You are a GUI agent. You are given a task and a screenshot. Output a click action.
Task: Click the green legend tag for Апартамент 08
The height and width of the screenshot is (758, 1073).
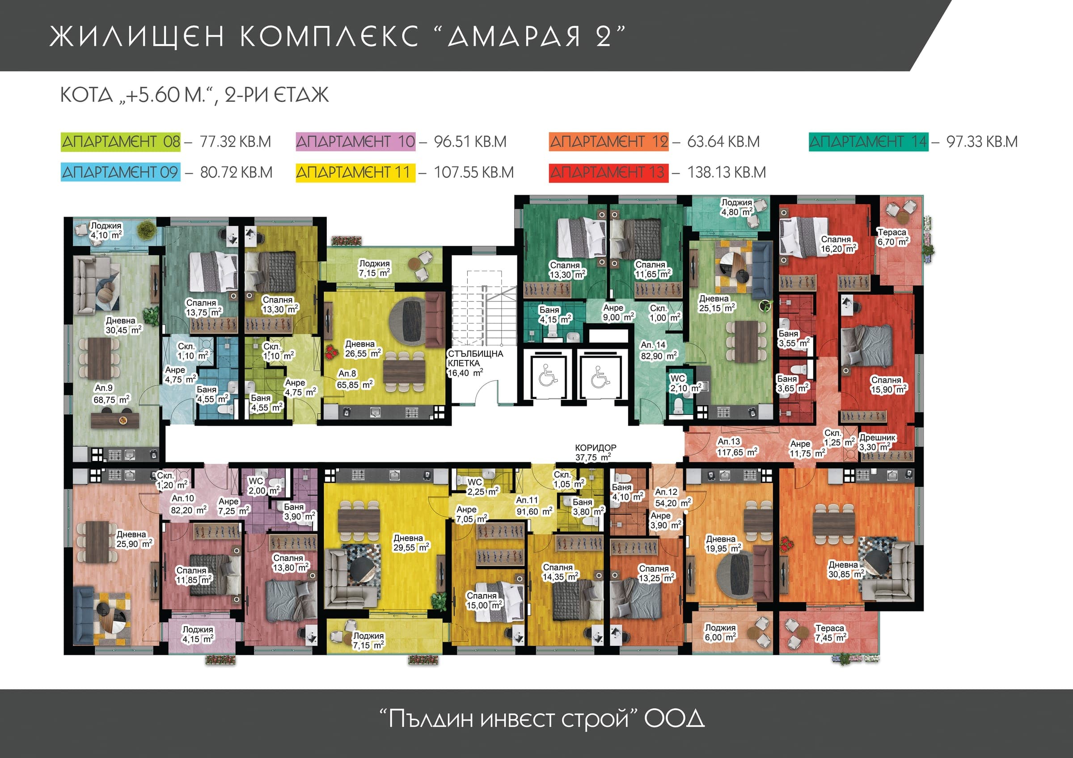tap(121, 142)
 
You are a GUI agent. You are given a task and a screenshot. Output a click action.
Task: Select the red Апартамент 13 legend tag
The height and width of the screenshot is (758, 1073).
tap(608, 172)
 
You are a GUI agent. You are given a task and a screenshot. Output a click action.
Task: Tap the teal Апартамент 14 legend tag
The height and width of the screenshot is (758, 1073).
tap(869, 142)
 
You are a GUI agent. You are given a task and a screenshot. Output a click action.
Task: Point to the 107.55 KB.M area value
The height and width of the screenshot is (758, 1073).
tap(473, 172)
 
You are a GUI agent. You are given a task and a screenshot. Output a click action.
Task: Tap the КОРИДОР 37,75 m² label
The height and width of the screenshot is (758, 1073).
tap(596, 452)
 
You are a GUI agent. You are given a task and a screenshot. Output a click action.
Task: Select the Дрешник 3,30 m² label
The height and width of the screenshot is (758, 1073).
tap(877, 442)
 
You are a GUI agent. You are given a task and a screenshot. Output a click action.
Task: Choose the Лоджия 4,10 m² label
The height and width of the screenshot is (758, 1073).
tap(106, 230)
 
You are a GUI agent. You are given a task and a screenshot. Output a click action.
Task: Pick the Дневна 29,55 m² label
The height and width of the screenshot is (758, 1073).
tap(411, 543)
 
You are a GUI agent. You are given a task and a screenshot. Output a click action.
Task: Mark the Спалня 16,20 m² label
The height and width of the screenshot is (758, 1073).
tap(838, 244)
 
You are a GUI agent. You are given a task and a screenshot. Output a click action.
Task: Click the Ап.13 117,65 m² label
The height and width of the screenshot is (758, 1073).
tap(737, 447)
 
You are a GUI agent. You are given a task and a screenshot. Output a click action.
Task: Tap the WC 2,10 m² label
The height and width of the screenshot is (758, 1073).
tap(684, 383)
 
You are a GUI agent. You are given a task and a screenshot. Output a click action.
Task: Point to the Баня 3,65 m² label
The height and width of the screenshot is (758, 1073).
tap(793, 383)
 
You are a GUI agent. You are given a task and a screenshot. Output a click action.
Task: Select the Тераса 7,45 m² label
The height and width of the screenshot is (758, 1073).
tap(830, 633)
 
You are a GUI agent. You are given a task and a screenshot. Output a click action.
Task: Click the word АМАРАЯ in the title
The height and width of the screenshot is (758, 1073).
tap(514, 36)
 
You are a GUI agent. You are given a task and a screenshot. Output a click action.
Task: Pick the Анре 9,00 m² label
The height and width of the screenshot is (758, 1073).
tap(618, 313)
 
